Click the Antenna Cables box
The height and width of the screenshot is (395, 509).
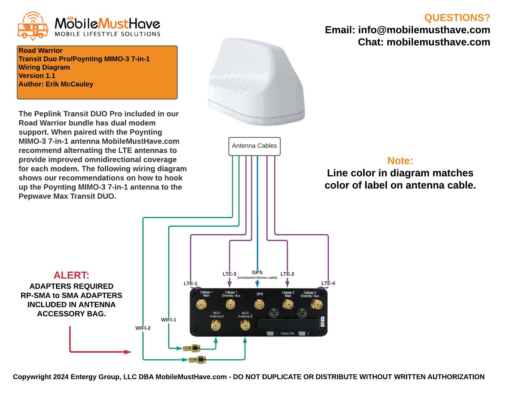click(254, 146)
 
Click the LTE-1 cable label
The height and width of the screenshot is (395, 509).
click(190, 283)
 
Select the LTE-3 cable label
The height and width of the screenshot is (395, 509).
click(229, 274)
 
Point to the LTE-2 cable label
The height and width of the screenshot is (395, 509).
click(287, 274)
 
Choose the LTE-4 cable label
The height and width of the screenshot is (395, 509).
click(328, 283)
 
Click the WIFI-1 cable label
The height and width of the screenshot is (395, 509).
click(168, 320)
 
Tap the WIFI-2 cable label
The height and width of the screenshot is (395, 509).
click(143, 328)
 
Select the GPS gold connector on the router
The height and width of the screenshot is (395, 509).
click(259, 304)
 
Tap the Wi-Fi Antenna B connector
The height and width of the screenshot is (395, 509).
click(244, 325)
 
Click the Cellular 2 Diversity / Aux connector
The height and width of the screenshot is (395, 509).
click(317, 304)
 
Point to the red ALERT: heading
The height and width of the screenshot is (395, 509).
click(71, 275)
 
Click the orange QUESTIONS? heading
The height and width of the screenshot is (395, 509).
click(457, 18)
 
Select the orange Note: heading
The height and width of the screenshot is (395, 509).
click(400, 161)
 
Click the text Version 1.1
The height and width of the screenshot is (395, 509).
click(37, 76)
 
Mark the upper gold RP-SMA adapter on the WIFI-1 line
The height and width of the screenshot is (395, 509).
click(192, 348)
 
